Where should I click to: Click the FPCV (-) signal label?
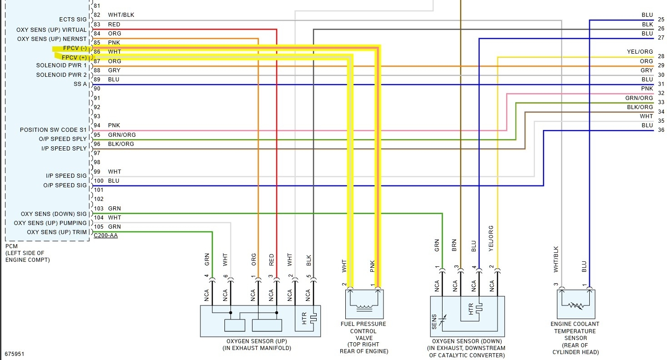(75, 48)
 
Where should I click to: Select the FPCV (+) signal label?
(75, 57)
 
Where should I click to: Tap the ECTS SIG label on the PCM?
(73, 20)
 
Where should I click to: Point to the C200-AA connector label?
(105, 235)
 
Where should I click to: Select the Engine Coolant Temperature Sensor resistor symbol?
(576, 306)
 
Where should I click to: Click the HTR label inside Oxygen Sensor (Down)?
(471, 309)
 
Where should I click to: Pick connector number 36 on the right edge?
(661, 130)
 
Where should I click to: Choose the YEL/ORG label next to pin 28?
(640, 52)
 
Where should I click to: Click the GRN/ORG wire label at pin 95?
(122, 135)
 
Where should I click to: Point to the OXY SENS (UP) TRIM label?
(57, 232)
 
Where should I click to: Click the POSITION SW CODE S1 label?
(53, 130)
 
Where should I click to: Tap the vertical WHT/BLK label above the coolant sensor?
(556, 259)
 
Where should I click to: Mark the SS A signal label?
(80, 84)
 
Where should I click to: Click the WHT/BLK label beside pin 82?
(121, 15)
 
